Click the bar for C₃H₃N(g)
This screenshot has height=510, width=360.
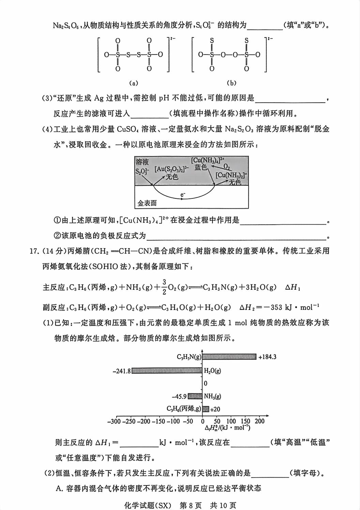point(229,357)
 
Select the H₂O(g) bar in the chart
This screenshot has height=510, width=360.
point(167,371)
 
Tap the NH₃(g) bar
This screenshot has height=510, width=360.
point(195,396)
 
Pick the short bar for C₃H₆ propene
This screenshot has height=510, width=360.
point(206,409)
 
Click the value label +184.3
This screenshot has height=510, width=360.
point(267,357)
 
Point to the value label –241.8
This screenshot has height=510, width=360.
point(122,371)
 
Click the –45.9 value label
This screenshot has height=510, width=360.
point(179,396)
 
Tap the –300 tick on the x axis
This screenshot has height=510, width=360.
point(114,421)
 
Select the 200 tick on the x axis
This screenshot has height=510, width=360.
point(259,421)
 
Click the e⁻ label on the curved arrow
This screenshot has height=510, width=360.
point(183,195)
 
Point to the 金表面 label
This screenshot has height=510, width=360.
point(147,203)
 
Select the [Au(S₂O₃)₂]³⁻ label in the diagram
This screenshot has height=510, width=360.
point(172,169)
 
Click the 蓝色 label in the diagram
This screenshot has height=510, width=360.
point(201,167)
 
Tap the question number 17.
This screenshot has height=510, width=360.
point(33,251)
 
